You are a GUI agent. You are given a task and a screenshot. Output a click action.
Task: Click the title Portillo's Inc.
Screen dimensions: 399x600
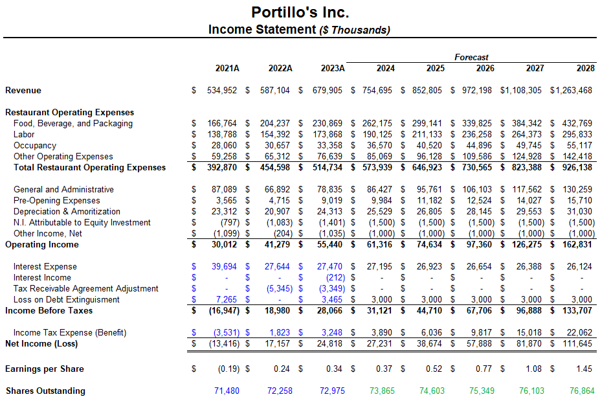[x=300, y=12]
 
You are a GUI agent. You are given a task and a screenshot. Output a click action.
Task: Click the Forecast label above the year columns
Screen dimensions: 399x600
[x=471, y=57]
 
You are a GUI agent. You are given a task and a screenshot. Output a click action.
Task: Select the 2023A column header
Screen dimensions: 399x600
[x=333, y=69]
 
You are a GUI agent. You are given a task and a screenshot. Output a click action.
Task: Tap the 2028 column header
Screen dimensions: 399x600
[x=585, y=69]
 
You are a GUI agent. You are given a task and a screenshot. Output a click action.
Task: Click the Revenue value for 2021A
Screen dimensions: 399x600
[x=222, y=91]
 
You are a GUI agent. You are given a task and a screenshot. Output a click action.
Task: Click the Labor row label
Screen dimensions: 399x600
[x=25, y=135]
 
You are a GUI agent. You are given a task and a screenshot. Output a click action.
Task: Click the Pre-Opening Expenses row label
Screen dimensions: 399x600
[x=57, y=201]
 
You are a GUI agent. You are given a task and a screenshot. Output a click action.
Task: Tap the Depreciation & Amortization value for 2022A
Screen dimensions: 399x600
[x=275, y=212]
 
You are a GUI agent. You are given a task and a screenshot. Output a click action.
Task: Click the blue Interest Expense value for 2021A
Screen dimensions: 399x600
[x=224, y=267]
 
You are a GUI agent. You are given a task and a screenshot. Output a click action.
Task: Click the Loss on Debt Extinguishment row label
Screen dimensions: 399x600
[x=66, y=300]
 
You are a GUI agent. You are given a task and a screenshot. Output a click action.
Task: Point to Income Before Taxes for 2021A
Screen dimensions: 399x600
[x=222, y=311]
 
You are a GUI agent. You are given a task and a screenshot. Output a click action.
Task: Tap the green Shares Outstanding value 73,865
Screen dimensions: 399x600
[x=382, y=391]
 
